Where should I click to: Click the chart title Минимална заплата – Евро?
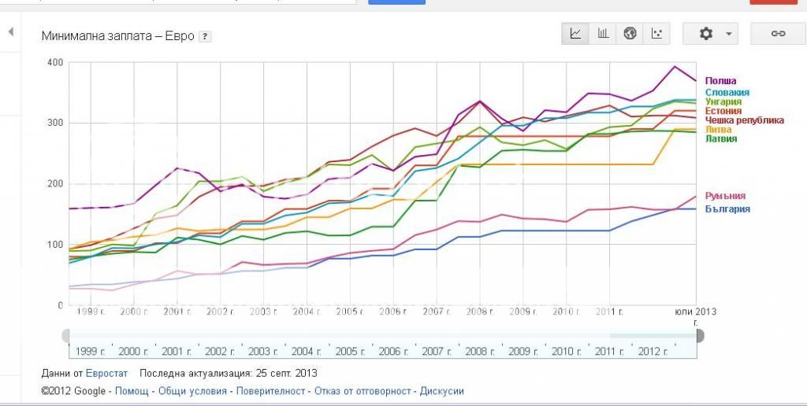click(x=117, y=36)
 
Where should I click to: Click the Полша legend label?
click(x=720, y=81)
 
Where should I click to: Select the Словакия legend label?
click(x=727, y=92)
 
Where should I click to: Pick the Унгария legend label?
click(x=723, y=101)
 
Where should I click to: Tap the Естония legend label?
click(x=723, y=111)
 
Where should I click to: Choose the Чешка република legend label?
click(x=744, y=120)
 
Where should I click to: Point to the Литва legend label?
click(x=718, y=130)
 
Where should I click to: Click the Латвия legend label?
click(x=720, y=139)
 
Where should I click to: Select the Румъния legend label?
click(x=725, y=196)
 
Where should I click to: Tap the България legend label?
click(x=727, y=209)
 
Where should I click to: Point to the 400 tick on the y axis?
click(x=54, y=63)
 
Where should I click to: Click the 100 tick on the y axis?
click(x=54, y=245)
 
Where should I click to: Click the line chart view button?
click(x=576, y=34)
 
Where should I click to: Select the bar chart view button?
click(x=603, y=34)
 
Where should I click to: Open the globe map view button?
click(x=630, y=34)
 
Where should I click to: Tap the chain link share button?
click(x=778, y=34)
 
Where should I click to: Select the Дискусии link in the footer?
click(x=441, y=391)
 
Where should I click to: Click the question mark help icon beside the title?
click(x=205, y=36)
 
